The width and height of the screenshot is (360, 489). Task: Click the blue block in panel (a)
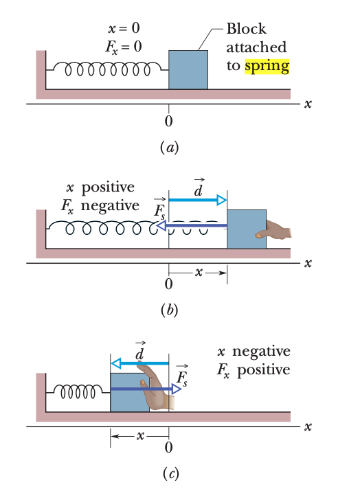188,69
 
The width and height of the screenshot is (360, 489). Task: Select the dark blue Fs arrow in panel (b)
192,225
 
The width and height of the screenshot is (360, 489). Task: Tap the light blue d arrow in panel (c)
140,362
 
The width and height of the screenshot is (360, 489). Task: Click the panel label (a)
168,147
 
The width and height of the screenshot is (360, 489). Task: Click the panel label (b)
168,309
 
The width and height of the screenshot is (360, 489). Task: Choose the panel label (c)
168,474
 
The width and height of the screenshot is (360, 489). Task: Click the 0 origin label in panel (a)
169,122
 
